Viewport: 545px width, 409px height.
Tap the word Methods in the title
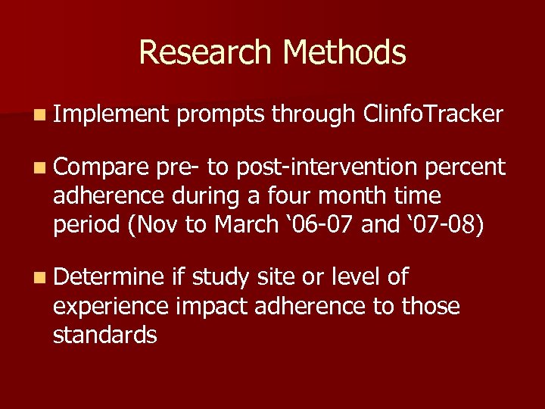coord(344,52)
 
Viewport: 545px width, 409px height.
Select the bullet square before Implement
coord(39,116)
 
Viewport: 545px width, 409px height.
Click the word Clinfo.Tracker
coord(433,114)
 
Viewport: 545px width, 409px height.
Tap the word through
coord(313,114)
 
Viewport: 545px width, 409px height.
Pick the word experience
coord(111,307)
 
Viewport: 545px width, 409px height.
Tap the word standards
coord(104,335)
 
